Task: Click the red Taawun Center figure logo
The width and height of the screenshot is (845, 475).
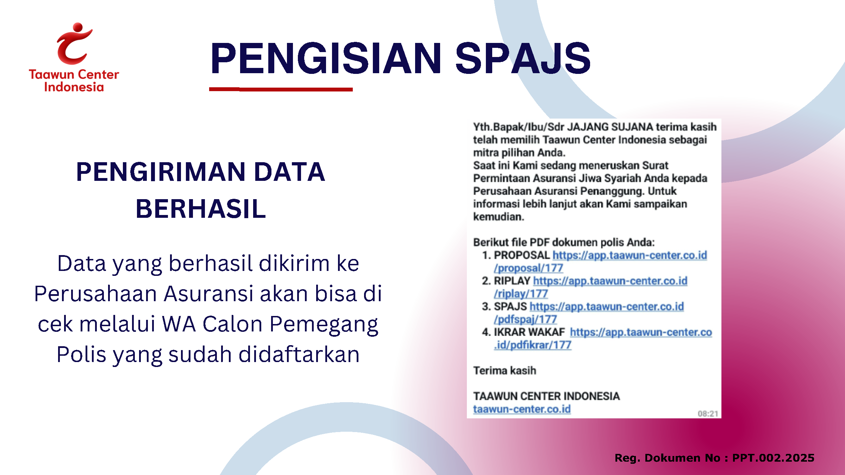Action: point(74,44)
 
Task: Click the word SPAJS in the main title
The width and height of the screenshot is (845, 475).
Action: point(523,58)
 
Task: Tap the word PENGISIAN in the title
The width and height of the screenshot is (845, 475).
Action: point(326,58)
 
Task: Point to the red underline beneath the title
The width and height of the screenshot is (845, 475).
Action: point(281,89)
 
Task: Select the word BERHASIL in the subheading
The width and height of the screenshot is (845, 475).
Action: point(201,209)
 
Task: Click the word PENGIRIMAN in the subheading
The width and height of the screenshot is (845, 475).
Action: point(161,172)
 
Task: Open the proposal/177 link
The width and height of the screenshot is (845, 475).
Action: point(528,268)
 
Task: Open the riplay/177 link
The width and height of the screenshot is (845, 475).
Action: point(521,294)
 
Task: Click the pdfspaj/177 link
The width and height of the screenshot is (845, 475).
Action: point(525,319)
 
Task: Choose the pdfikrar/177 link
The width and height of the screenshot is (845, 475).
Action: point(532,345)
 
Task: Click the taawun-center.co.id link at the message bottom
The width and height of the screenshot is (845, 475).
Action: point(522,409)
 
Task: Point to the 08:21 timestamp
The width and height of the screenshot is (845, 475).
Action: point(708,414)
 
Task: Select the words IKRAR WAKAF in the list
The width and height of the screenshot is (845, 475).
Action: point(529,332)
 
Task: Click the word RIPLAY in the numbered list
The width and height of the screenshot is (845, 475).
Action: point(512,281)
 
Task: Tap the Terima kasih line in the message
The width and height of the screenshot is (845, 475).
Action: point(505,370)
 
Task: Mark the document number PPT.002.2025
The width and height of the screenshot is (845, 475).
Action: point(773,458)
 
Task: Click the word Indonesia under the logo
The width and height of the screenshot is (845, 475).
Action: point(74,87)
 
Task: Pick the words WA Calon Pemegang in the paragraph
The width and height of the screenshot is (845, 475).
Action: point(270,324)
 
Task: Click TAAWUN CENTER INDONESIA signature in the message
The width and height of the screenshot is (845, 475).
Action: point(546,396)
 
